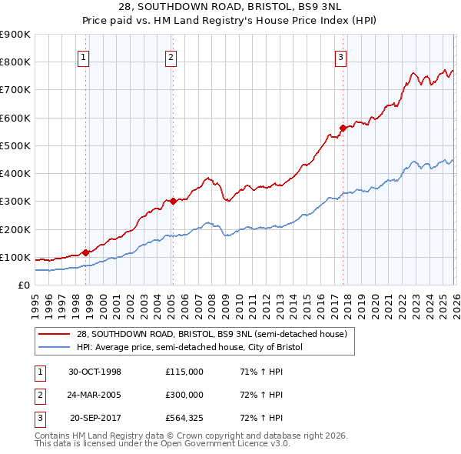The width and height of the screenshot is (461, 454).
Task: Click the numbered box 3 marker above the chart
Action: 340,56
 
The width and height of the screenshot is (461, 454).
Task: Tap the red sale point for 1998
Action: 86,252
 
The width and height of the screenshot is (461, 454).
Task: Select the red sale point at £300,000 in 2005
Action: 173,201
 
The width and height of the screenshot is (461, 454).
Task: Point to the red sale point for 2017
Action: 343,128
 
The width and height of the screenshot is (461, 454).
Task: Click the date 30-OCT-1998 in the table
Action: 95,372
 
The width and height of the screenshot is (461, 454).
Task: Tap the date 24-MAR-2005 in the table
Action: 95,395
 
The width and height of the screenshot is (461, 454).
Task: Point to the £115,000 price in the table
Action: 184,372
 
